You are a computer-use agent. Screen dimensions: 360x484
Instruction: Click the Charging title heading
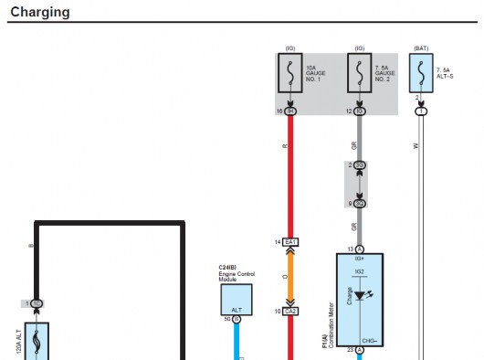[40, 13]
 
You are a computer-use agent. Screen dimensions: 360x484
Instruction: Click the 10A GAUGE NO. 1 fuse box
[291, 72]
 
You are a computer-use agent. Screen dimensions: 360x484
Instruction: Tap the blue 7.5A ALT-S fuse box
[420, 72]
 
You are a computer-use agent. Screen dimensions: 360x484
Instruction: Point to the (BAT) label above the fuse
[420, 48]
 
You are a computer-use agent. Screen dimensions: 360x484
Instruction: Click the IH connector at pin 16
[291, 111]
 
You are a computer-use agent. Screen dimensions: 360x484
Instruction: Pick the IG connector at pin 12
[360, 111]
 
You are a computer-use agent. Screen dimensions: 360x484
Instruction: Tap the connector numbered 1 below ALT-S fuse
[421, 111]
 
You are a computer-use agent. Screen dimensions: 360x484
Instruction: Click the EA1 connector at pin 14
[291, 241]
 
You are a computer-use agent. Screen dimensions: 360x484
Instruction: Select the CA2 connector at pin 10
[291, 312]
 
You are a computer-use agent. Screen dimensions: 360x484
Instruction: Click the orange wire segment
[291, 276]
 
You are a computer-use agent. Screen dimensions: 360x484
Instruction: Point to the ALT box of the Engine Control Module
[236, 300]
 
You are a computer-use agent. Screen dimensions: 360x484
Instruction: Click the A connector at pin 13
[360, 249]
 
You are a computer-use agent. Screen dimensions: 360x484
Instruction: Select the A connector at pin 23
[360, 349]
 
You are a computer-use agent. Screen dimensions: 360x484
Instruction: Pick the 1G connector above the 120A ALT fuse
[37, 302]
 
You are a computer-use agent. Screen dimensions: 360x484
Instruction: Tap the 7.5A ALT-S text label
[447, 72]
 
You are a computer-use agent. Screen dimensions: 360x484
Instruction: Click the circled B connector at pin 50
[236, 320]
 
